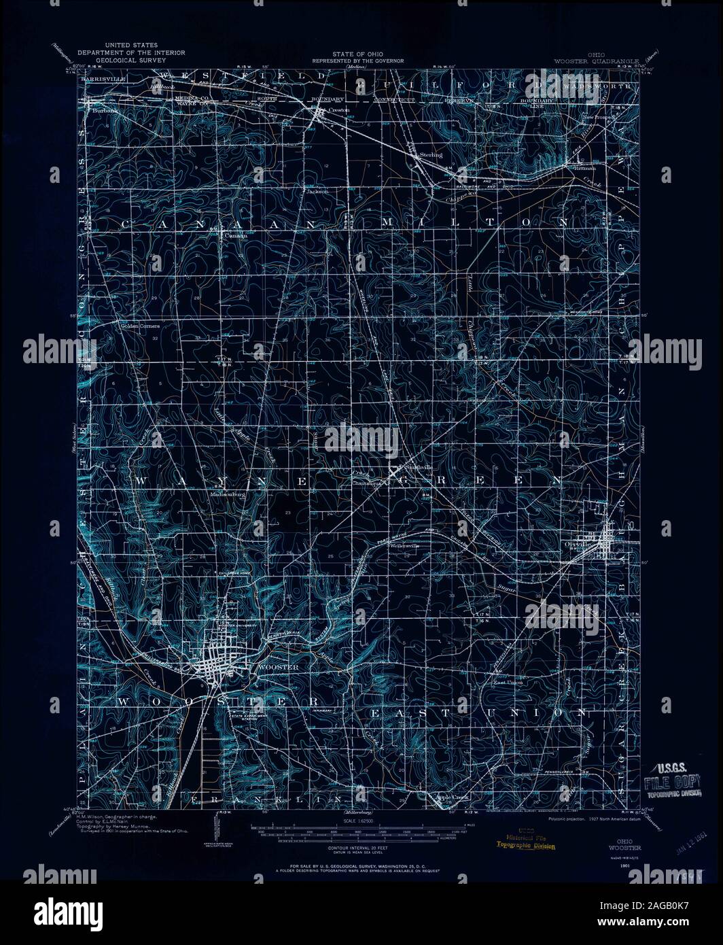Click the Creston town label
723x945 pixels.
click(x=338, y=109)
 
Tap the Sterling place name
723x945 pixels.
click(x=430, y=155)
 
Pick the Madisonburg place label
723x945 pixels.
click(x=227, y=495)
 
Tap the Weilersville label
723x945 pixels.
click(x=403, y=545)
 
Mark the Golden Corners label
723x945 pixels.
click(x=139, y=326)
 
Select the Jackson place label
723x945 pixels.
click(x=317, y=192)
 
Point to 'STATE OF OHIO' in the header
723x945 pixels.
click(x=357, y=54)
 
